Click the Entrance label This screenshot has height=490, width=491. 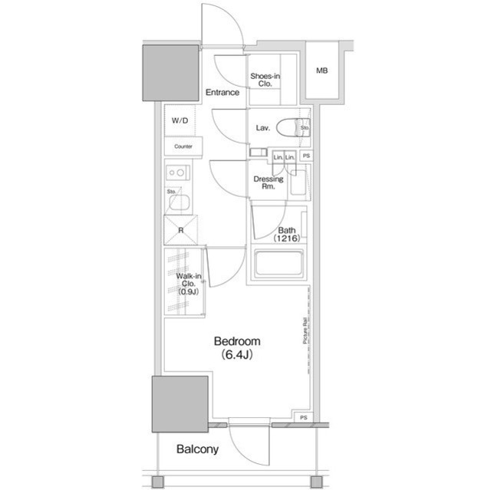click(x=222, y=93)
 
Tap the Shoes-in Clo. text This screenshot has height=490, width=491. click(x=265, y=80)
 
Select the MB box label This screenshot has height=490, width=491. click(x=321, y=72)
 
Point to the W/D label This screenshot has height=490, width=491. click(x=180, y=120)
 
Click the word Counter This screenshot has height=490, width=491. click(x=183, y=146)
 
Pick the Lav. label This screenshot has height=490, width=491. click(x=262, y=128)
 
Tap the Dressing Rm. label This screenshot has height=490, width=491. click(x=269, y=183)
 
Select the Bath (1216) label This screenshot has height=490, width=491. click(x=288, y=234)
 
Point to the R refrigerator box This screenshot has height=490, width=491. click(x=180, y=229)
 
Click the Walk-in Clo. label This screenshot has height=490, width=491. click(x=189, y=284)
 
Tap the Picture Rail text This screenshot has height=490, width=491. click(x=304, y=334)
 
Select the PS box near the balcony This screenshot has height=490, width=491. click(x=304, y=418)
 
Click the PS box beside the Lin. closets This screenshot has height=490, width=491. click(x=306, y=156)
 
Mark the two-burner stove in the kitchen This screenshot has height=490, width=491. click(x=176, y=173)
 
